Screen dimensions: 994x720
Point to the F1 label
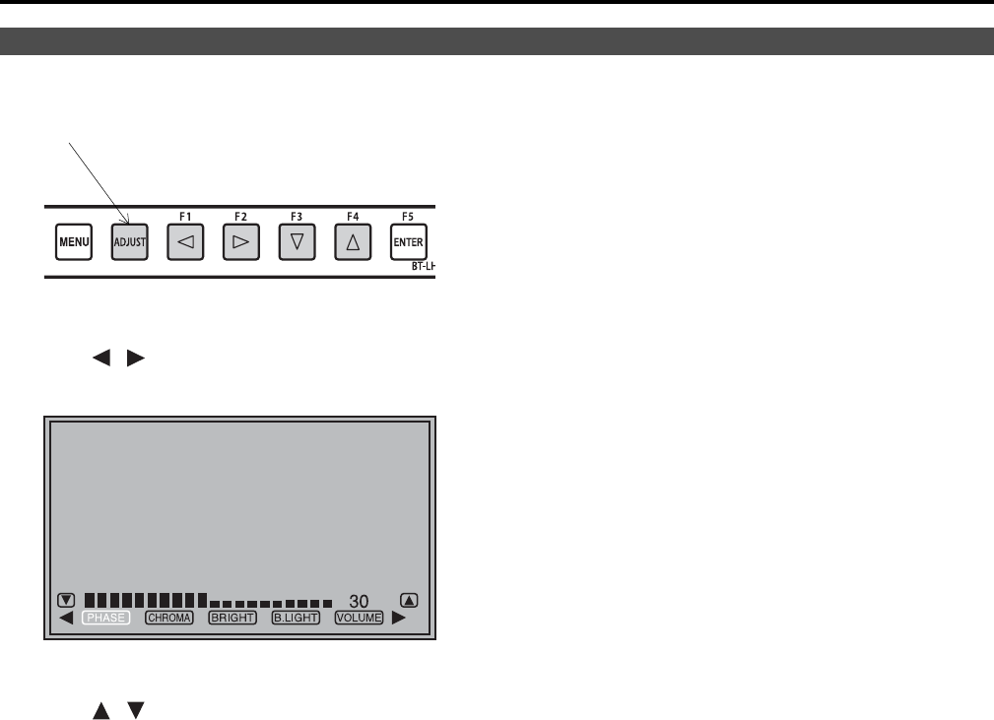185,215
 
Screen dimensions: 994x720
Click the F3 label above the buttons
297,215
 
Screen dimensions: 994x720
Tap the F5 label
408,215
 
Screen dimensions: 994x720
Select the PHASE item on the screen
105,619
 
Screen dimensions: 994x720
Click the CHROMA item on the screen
169,619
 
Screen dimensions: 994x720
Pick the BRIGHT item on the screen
232,619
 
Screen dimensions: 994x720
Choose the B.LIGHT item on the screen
296,619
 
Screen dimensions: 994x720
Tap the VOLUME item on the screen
359,619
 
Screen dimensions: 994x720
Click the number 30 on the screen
359,601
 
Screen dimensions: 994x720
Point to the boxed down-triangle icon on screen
66,599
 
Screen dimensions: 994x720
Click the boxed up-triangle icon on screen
410,599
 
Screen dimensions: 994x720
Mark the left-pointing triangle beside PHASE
66,619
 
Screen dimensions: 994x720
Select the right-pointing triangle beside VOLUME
399,619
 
